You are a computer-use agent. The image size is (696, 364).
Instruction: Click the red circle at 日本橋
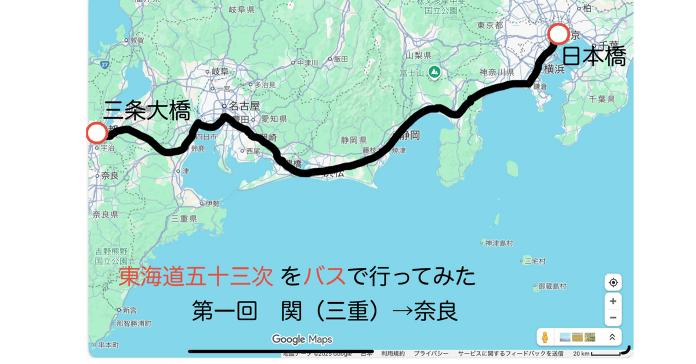tap(559, 34)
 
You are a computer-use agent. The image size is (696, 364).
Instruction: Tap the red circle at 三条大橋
tap(96, 133)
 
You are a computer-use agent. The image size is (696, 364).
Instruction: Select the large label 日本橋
tap(594, 57)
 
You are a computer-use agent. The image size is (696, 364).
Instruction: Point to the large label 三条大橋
tap(147, 110)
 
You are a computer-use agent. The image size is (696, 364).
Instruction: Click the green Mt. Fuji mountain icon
tap(434, 72)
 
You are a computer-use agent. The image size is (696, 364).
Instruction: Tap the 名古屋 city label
tap(244, 106)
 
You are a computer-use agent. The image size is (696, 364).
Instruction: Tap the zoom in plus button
tap(612, 301)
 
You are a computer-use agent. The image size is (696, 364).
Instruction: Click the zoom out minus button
tap(612, 319)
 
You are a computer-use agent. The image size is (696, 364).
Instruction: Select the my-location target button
tap(612, 283)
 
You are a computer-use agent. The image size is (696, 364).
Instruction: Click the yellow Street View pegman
tap(545, 337)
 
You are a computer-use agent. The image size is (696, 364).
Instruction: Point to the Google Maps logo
tap(302, 339)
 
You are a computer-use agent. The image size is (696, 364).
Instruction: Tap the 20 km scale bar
tap(603, 354)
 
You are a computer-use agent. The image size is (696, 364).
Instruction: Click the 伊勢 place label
tap(212, 203)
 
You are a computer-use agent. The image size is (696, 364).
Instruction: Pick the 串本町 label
tap(108, 345)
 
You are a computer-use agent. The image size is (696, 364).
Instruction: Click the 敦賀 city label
tap(136, 41)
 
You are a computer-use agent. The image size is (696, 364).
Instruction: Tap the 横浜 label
tap(554, 69)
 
